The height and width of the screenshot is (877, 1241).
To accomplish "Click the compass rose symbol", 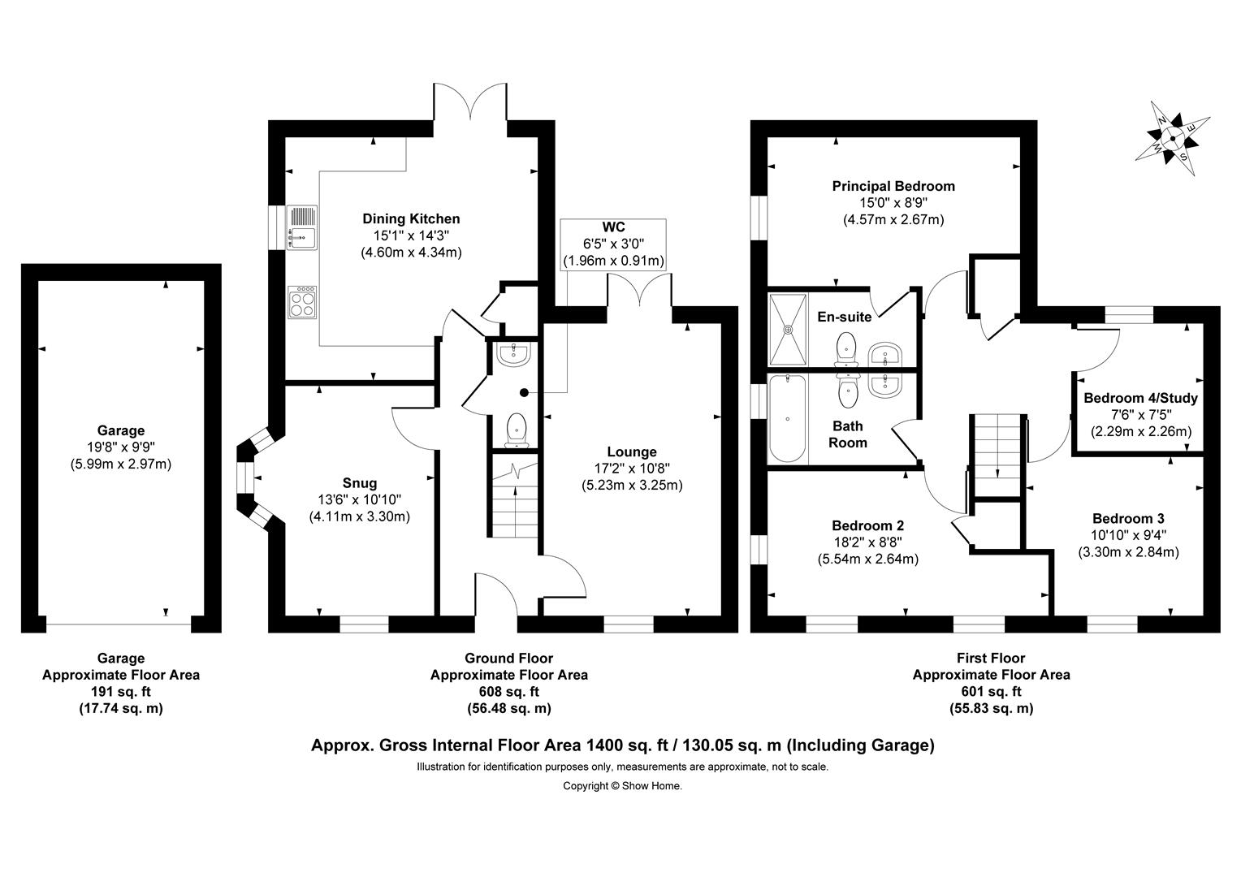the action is point(1172,139).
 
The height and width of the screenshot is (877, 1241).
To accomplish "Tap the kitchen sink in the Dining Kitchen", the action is point(302,227).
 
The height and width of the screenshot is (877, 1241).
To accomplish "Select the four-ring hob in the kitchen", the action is point(302,302).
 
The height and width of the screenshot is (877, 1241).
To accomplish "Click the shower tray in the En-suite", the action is point(788,329).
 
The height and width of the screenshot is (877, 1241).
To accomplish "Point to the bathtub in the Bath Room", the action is point(787,418).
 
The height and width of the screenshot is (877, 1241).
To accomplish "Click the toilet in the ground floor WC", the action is point(517,430).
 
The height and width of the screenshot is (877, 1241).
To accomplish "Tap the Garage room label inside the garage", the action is point(121,430).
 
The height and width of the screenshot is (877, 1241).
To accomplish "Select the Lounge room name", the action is point(632,451).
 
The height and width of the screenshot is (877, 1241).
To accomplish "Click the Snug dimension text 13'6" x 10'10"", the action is point(359,499).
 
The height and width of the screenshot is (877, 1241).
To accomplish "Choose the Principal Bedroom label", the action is point(893,186).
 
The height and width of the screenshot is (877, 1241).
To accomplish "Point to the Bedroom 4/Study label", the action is point(1141,398).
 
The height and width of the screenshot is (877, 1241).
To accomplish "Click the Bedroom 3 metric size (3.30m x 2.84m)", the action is point(1128,552).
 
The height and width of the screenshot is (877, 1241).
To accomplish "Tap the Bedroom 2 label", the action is point(867,525).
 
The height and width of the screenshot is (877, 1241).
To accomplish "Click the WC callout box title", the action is point(613,227).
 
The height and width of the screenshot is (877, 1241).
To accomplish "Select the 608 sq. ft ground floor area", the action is point(508,691).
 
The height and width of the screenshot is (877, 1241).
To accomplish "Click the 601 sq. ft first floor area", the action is point(991,691).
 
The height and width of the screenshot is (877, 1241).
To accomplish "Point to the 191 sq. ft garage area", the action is point(121,691).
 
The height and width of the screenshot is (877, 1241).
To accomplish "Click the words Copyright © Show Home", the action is point(622,785).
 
